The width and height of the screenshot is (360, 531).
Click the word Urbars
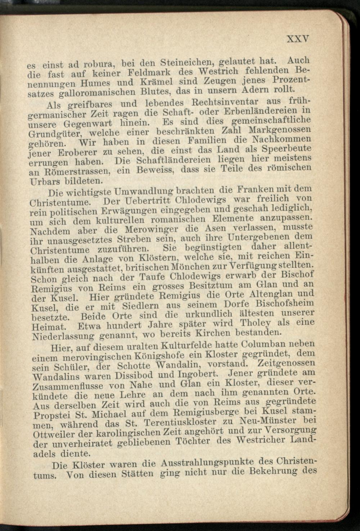pos(42,181)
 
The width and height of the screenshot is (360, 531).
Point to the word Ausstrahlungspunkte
pos(207,463)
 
